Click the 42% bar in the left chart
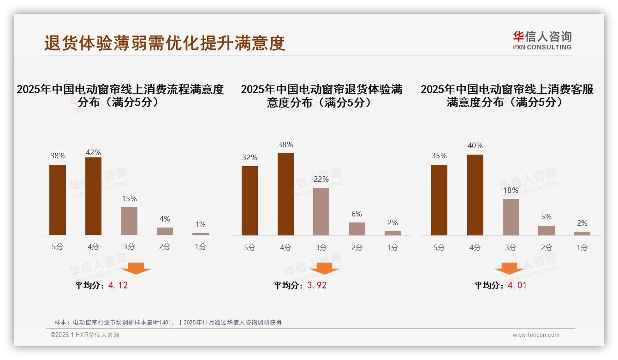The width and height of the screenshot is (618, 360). (x=93, y=196)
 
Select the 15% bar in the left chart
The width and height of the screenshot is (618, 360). (x=129, y=221)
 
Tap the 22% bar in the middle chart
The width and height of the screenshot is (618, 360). (x=321, y=211)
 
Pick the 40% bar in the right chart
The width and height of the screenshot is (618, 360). (x=475, y=195)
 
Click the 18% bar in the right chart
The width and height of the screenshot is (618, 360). (x=511, y=217)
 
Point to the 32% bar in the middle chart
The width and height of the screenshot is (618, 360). (x=250, y=201)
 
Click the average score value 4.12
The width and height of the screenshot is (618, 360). (x=118, y=285)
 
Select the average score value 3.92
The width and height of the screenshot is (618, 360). (x=317, y=285)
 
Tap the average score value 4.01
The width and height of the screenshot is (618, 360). (x=517, y=285)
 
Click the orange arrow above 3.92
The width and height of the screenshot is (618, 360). (x=325, y=268)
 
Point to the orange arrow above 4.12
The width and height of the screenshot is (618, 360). (x=136, y=268)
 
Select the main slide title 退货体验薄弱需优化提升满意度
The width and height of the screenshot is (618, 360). (x=165, y=43)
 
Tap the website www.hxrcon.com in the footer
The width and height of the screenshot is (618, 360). (x=536, y=335)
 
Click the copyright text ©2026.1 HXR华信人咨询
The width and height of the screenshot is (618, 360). (x=85, y=335)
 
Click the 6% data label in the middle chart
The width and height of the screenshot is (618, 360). (x=357, y=214)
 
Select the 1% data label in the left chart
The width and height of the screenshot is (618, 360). (x=200, y=224)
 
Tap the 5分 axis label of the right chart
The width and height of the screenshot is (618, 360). (x=439, y=247)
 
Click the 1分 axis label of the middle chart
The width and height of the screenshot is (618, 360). (x=392, y=247)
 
